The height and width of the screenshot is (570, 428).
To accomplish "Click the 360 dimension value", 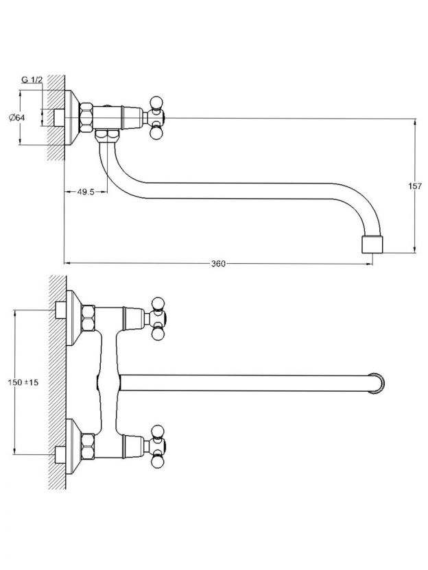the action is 218,264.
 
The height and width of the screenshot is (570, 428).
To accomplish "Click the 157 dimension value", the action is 414,186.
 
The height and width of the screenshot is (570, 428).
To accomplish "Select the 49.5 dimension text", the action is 86,192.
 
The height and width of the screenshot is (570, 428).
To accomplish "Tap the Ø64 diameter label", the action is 16,117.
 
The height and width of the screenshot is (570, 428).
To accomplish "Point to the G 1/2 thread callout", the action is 32,79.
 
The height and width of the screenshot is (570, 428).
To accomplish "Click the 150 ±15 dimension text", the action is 23,382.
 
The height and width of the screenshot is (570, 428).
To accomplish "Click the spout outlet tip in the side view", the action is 372,245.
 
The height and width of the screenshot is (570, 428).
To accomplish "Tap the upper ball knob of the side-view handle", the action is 156,101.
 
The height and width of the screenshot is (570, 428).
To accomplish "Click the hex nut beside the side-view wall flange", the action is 86,118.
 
